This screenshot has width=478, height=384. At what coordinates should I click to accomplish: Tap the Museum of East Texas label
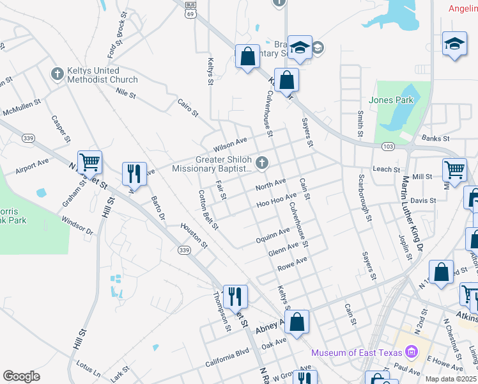[x=356, y=353]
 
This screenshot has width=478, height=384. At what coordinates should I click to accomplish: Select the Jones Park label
[x=391, y=100]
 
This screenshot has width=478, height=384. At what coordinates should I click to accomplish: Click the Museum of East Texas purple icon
[x=411, y=352]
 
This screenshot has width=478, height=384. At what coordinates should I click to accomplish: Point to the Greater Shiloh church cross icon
[x=261, y=163]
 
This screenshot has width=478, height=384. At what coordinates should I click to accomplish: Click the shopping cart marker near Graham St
[x=89, y=163]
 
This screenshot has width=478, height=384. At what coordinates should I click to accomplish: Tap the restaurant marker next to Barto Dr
[x=134, y=173]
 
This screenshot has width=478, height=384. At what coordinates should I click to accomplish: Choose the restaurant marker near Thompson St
[x=235, y=296]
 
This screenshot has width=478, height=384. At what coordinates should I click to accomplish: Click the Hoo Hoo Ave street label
[x=277, y=200]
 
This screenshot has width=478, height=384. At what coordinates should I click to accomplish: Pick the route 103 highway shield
[x=389, y=147]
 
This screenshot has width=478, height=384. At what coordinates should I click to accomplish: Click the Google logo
[x=21, y=376]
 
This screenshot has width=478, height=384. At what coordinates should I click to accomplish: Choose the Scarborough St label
[x=365, y=197]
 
